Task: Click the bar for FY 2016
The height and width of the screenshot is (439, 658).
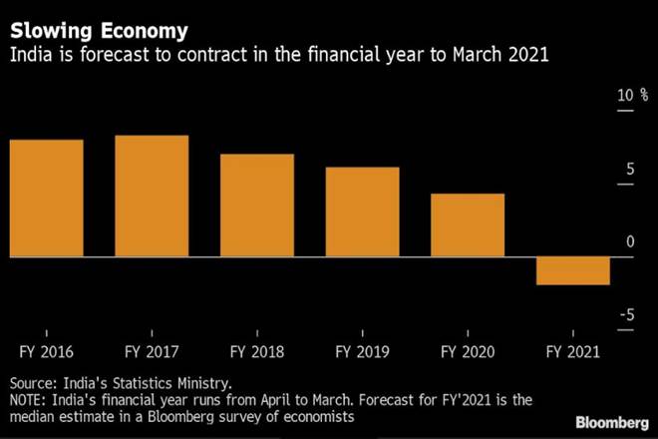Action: point(46,199)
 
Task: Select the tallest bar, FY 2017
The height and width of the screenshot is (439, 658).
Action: point(152,197)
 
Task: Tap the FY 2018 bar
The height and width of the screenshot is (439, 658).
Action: point(256,206)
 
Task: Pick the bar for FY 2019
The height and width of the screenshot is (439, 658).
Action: point(362,213)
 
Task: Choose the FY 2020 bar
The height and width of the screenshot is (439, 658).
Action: point(468,225)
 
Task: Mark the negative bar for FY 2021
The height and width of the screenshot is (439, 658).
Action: point(572,271)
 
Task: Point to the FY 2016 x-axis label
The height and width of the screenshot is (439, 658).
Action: point(46,351)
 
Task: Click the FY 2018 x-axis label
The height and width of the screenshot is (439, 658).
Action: point(256,351)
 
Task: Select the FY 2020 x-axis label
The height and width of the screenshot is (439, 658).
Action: point(468,351)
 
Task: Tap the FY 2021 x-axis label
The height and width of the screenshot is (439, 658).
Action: point(572,351)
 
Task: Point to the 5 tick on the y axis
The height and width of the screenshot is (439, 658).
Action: point(630,170)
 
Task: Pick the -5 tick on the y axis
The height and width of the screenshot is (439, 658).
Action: point(627,316)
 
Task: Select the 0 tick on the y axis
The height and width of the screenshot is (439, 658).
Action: point(630,242)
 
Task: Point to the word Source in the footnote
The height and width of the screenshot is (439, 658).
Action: point(33,382)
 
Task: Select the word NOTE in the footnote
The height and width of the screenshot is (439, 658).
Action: point(28,399)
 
